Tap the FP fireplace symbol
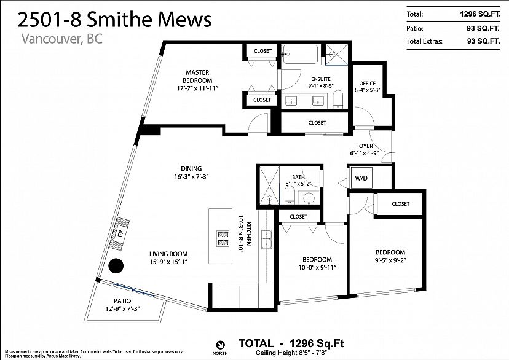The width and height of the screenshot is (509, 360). click(x=120, y=233)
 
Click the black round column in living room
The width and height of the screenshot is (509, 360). click(x=116, y=267)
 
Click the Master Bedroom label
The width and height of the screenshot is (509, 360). click(x=198, y=76)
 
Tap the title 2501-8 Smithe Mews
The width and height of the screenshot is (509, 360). click(x=114, y=20)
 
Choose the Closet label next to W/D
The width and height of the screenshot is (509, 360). click(x=400, y=203)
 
